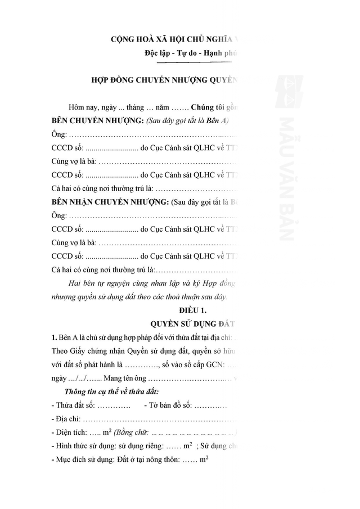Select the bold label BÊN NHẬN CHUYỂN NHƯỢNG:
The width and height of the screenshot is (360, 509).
point(110,201)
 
